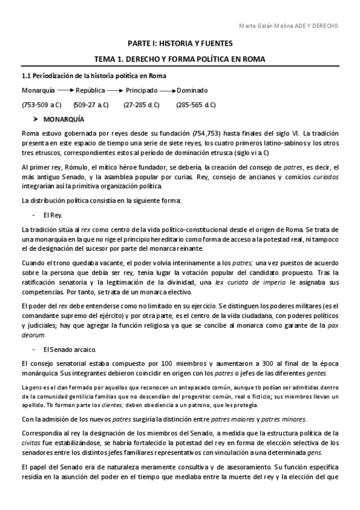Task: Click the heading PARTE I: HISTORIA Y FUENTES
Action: pos(180,44)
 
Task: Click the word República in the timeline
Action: pos(90,90)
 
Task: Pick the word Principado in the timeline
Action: pos(141,90)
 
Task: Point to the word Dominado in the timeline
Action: pos(192,90)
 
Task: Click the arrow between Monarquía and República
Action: pos(65,90)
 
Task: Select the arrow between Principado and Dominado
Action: pos(168,90)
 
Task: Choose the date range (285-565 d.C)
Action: pos(196,105)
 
